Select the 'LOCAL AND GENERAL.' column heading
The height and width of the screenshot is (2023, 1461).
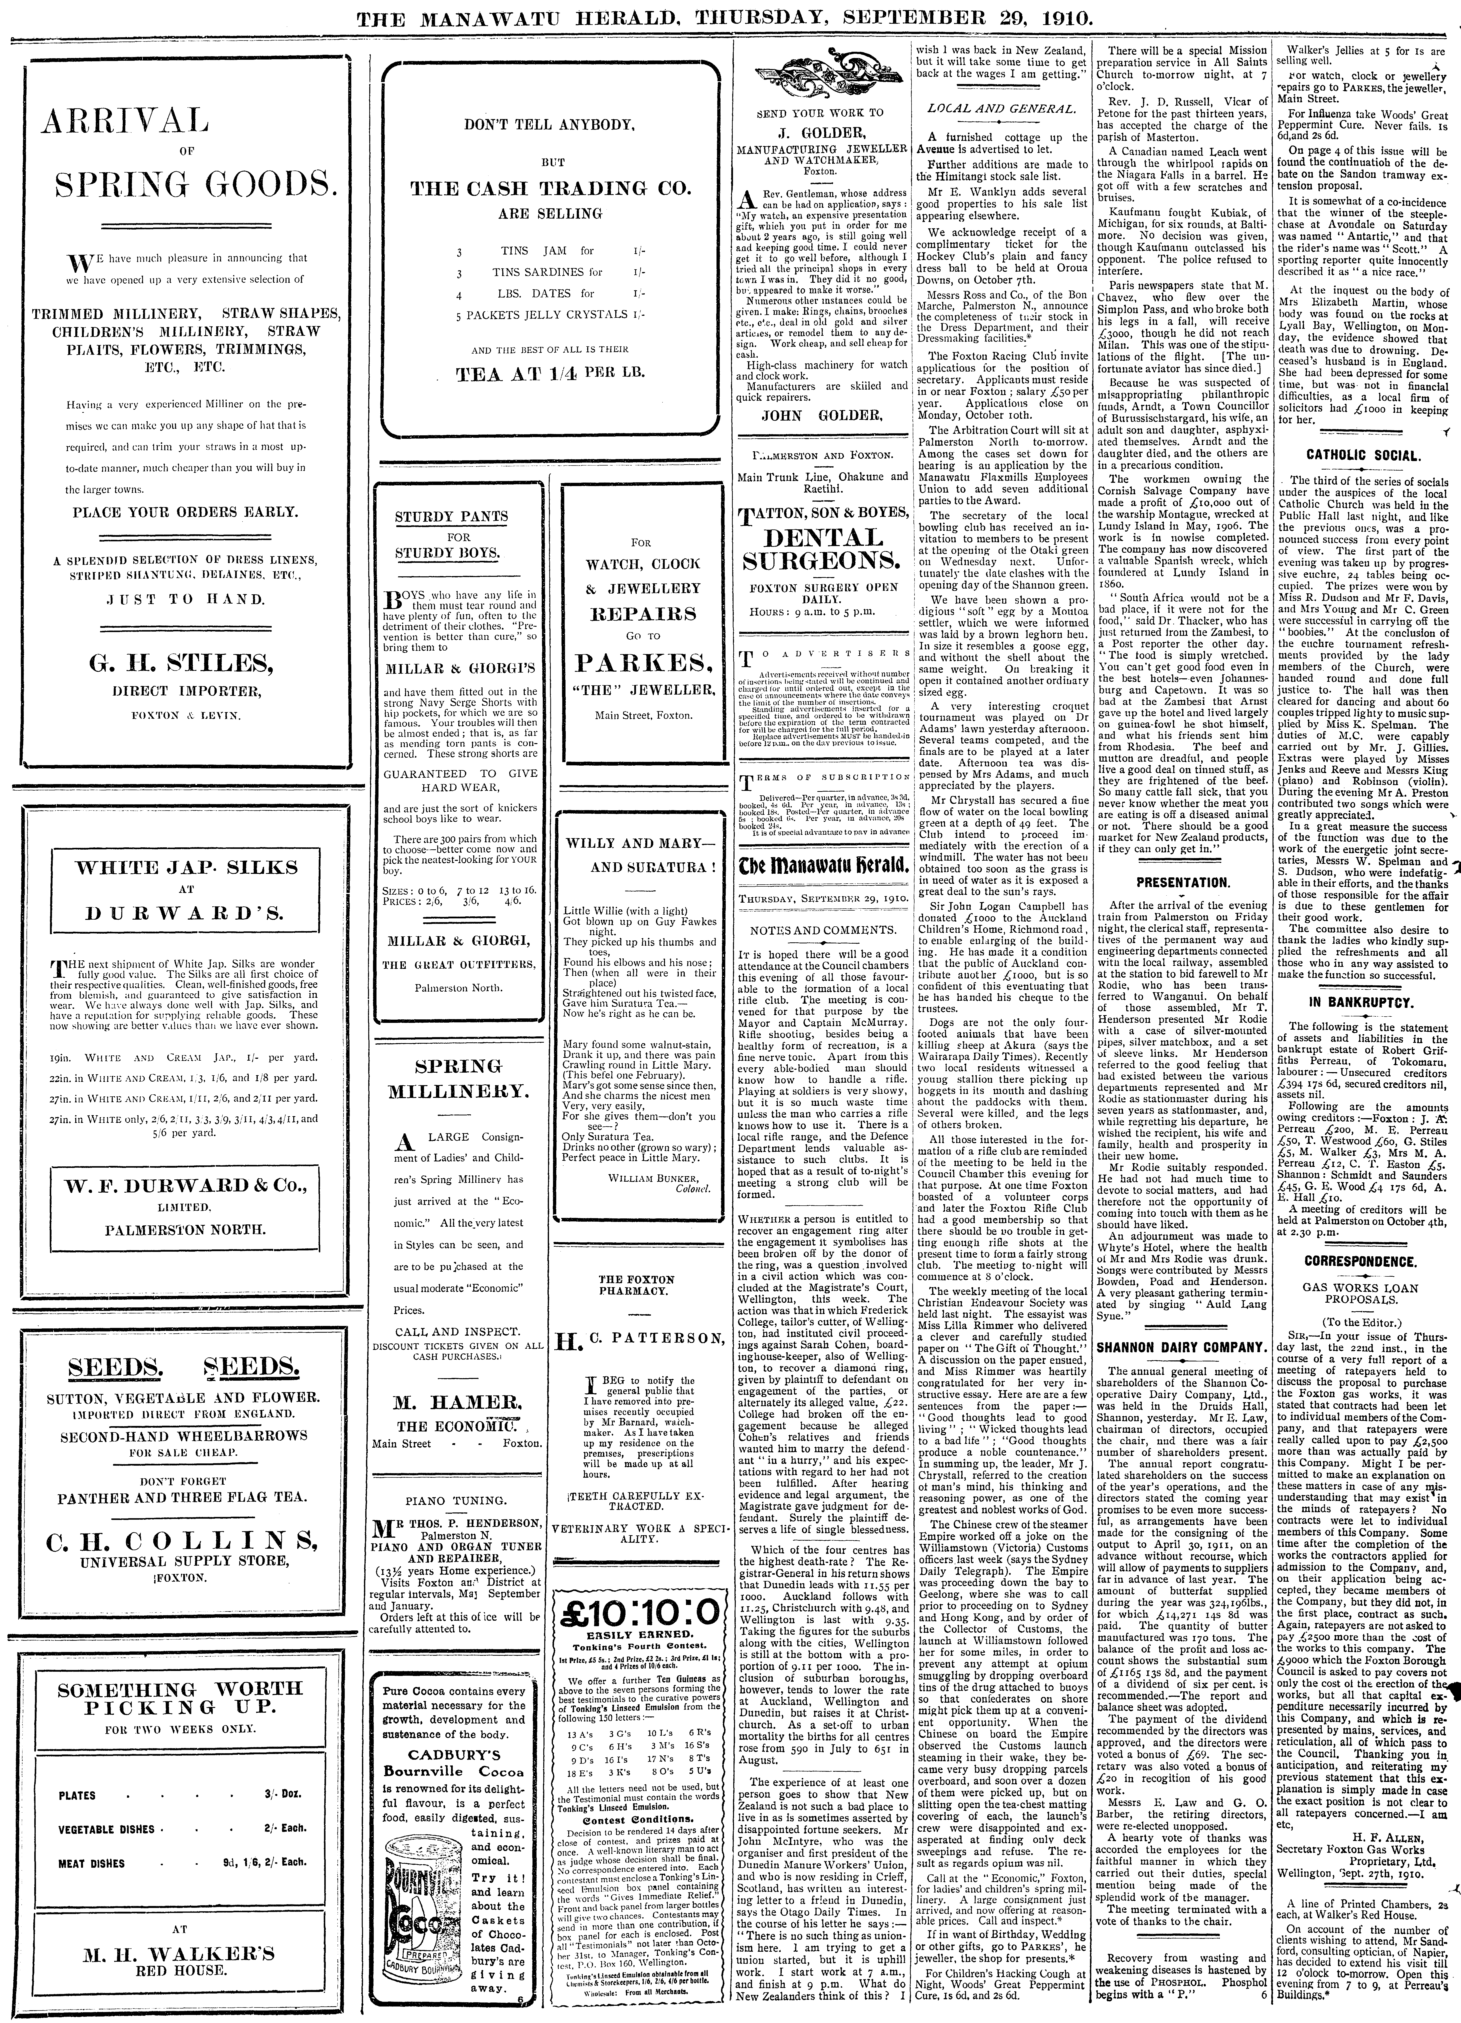[1000, 109]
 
